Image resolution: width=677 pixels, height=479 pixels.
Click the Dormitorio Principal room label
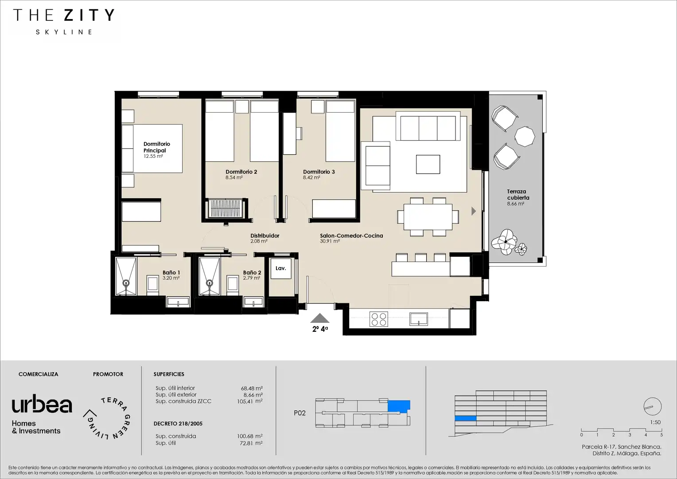click(x=156, y=147)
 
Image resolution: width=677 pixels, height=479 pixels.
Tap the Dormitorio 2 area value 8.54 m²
click(x=234, y=177)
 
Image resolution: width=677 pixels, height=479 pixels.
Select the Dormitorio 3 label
click(x=319, y=172)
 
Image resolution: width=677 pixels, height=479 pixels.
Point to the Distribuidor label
click(x=265, y=236)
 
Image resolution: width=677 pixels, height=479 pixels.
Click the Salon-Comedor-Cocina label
click(x=351, y=236)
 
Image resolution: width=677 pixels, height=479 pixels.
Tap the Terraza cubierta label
click(x=518, y=195)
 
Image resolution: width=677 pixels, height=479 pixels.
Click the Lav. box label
click(x=281, y=268)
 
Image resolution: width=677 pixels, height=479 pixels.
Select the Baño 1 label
click(x=171, y=272)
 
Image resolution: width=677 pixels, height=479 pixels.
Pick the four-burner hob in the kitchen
click(x=379, y=319)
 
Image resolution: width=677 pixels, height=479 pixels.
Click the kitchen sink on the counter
click(x=419, y=319)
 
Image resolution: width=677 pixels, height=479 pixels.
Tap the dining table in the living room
click(x=428, y=216)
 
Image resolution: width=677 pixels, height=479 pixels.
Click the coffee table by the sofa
click(x=428, y=164)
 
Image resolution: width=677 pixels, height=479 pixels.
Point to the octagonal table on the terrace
click(x=525, y=137)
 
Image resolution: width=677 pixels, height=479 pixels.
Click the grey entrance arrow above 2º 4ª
click(x=320, y=318)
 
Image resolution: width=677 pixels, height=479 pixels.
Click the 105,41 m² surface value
click(x=249, y=401)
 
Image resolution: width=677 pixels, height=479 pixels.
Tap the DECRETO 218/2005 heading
click(x=178, y=424)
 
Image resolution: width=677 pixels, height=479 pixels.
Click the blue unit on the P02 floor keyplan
click(x=399, y=406)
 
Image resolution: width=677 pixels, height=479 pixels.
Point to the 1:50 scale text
click(x=656, y=422)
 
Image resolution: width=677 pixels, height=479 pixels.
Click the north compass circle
click(x=653, y=406)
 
